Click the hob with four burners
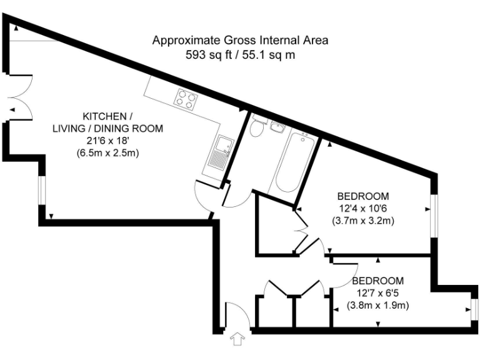(x=186, y=99)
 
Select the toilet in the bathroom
(x=256, y=129)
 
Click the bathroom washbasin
(x=277, y=128)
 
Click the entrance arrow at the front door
(x=237, y=339)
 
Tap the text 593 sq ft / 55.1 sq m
(x=241, y=54)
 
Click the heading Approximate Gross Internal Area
(x=241, y=41)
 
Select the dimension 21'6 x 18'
(x=107, y=141)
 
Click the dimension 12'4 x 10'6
(x=363, y=208)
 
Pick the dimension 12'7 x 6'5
(x=377, y=294)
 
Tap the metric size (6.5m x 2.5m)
(x=107, y=152)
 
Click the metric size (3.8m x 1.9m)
(x=377, y=306)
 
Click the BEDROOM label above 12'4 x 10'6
(x=363, y=196)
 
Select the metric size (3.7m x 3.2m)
(x=363, y=220)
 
